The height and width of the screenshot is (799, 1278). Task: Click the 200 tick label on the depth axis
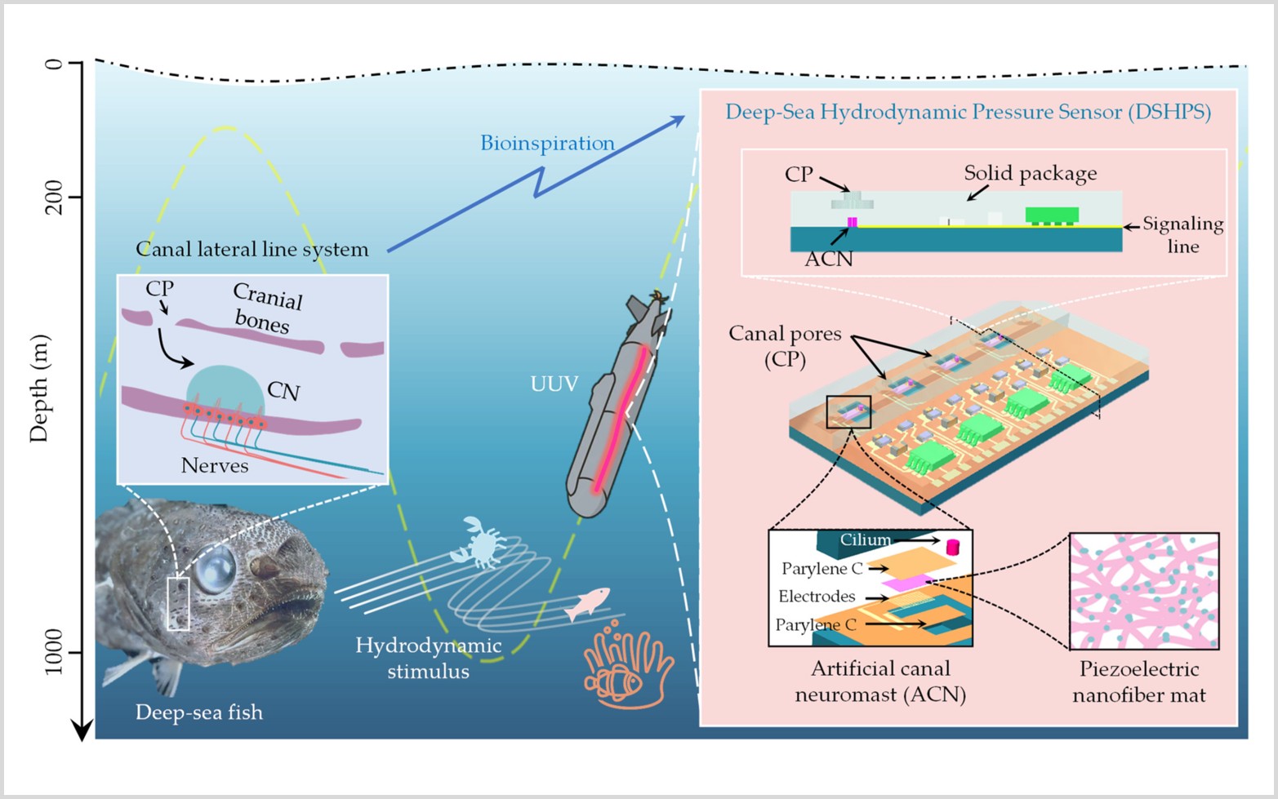click(54, 197)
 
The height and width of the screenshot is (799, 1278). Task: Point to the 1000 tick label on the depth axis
click(54, 651)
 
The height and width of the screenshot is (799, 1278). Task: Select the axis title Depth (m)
click(39, 388)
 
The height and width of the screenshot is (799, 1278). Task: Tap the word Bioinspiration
click(547, 144)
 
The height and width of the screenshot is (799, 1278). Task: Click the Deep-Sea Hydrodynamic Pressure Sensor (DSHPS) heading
click(968, 112)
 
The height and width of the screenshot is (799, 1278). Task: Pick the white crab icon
click(479, 541)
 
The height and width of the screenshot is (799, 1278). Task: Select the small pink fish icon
click(588, 603)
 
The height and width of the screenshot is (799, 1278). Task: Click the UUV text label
click(554, 384)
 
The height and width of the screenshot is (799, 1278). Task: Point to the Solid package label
click(1030, 173)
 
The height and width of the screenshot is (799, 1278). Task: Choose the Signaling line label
click(1182, 235)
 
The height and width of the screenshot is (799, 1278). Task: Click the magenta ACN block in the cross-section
click(853, 222)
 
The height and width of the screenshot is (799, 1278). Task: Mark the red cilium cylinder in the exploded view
click(952, 547)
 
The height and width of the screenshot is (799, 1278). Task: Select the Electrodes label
click(817, 597)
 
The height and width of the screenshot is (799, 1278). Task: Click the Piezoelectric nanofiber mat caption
click(1139, 682)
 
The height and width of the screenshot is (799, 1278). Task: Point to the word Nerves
click(215, 466)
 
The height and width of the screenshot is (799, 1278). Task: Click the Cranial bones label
click(266, 309)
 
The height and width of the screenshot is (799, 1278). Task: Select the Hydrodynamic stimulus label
click(429, 659)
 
